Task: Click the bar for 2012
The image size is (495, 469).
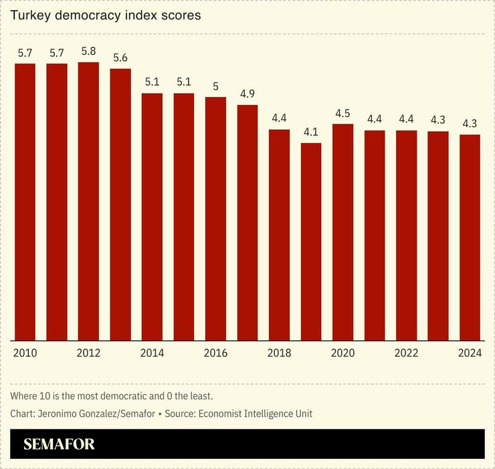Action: click(88, 201)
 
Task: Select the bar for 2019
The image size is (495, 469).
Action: click(311, 241)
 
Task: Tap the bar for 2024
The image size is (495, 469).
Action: click(470, 237)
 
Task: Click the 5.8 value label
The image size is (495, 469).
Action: click(88, 51)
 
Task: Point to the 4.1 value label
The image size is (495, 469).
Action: click(311, 132)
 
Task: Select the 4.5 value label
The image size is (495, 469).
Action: click(342, 112)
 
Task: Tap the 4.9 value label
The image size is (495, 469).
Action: click(248, 94)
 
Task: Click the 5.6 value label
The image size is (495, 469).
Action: click(120, 58)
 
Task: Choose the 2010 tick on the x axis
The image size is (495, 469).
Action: click(25, 353)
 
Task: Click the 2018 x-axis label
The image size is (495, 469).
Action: click(279, 353)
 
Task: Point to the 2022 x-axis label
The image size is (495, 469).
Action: click(406, 353)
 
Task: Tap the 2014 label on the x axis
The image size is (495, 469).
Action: click(152, 353)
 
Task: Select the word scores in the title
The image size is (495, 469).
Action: click(182, 15)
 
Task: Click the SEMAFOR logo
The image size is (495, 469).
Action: click(59, 444)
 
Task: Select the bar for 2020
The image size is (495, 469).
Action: click(342, 231)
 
